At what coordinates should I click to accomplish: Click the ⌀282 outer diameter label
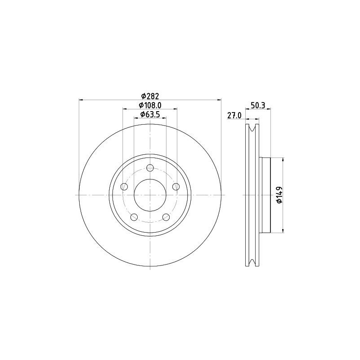150,95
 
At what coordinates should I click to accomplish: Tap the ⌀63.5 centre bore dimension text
150,115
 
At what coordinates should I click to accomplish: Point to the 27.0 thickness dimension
234,116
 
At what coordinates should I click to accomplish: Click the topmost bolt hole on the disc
150,168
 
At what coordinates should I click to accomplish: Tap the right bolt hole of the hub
176,187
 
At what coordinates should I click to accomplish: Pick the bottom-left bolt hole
134,217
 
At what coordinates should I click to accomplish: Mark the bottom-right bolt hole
166,217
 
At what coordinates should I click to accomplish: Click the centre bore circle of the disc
150,195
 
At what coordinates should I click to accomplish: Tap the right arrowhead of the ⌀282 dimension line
220,99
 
